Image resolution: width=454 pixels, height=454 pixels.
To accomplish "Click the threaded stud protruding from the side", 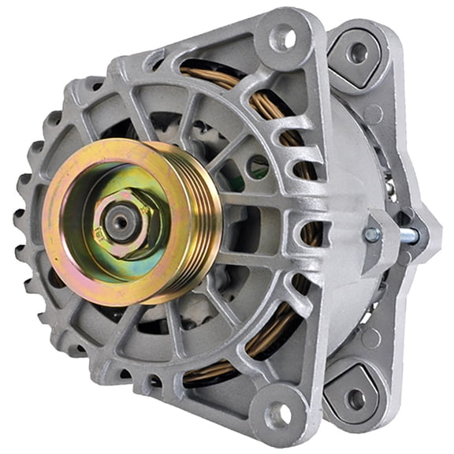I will click(407, 234).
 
